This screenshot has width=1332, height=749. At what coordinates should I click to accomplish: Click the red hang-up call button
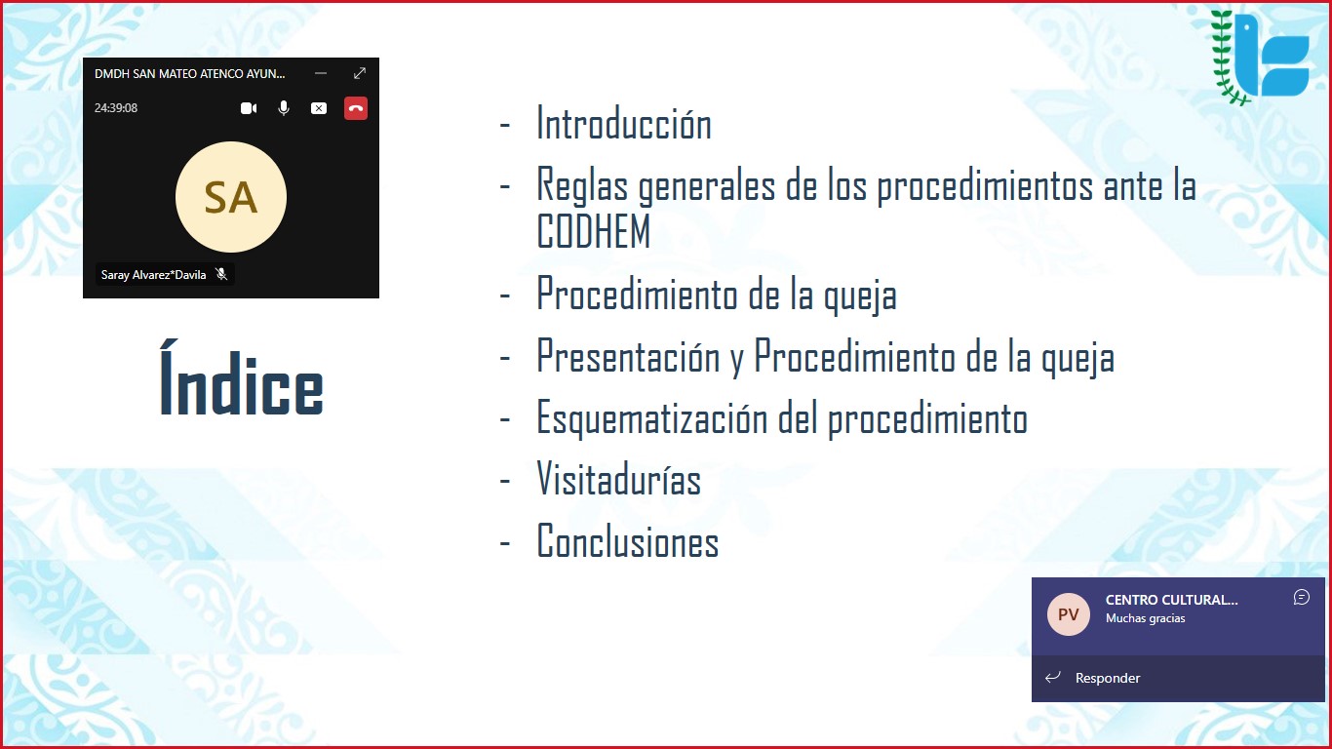coord(356,108)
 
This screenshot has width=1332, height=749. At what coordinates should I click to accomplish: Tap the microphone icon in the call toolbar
coord(284,108)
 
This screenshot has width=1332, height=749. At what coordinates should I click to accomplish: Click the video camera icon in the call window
coord(249,108)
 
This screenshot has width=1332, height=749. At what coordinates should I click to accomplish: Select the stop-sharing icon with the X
coord(319,108)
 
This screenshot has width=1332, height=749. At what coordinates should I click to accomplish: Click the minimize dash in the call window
coord(321,73)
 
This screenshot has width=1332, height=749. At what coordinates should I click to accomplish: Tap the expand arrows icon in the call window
coord(360,73)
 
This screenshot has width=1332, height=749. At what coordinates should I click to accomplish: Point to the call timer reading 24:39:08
coord(116,107)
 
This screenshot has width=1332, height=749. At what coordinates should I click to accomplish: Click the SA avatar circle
coord(231,197)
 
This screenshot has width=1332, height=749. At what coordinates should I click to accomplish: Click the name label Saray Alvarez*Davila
coord(153,275)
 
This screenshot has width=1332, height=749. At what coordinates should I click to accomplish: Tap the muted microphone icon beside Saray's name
coord(221,274)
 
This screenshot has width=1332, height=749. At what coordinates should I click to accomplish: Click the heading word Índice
coord(242,378)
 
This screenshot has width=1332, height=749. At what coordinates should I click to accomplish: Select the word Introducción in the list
coord(624,124)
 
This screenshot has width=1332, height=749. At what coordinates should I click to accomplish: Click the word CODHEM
coord(594,231)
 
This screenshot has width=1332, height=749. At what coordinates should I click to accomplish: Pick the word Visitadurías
coord(619,479)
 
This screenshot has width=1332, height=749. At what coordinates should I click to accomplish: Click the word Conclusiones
coord(628,540)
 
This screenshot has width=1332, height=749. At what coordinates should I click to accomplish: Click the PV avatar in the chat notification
coord(1069,614)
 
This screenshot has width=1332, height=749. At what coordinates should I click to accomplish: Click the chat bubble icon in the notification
coord(1301,597)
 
